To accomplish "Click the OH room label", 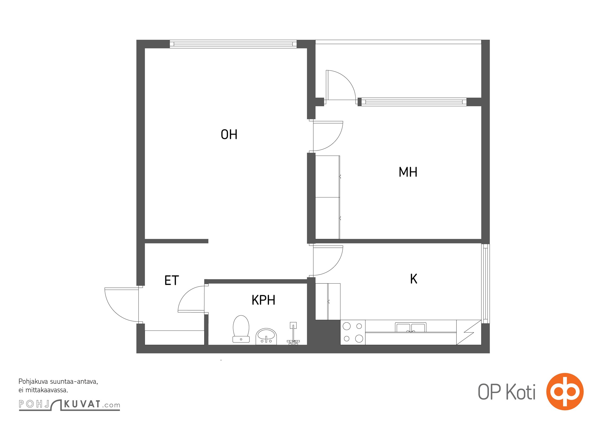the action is [x=229, y=134].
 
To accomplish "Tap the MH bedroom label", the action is [x=408, y=172].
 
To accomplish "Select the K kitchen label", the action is [x=414, y=279].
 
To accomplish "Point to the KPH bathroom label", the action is [x=263, y=300].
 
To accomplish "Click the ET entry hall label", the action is [x=172, y=280].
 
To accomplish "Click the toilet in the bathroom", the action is [x=241, y=329].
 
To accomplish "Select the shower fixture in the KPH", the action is [x=293, y=333].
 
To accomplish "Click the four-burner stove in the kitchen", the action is [x=353, y=332].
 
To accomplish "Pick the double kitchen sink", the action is [x=410, y=327].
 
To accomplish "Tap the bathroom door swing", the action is [x=191, y=299].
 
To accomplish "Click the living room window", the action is [x=233, y=44].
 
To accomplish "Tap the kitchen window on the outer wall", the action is [x=485, y=284].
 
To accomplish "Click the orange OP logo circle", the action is [x=565, y=391].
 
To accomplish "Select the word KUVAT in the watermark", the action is [x=82, y=404].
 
